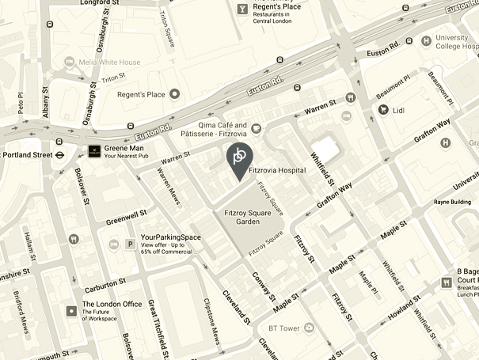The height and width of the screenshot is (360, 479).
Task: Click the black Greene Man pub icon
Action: pos(93,151)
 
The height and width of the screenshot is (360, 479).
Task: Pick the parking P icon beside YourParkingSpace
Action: pos(130,244)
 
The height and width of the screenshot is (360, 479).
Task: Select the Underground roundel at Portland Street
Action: pos(59,155)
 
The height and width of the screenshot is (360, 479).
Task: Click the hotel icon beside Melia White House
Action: pos(69,63)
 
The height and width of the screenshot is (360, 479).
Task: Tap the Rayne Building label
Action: pos(453,202)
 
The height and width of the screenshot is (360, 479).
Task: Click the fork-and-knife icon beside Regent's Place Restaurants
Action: pos(241,9)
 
